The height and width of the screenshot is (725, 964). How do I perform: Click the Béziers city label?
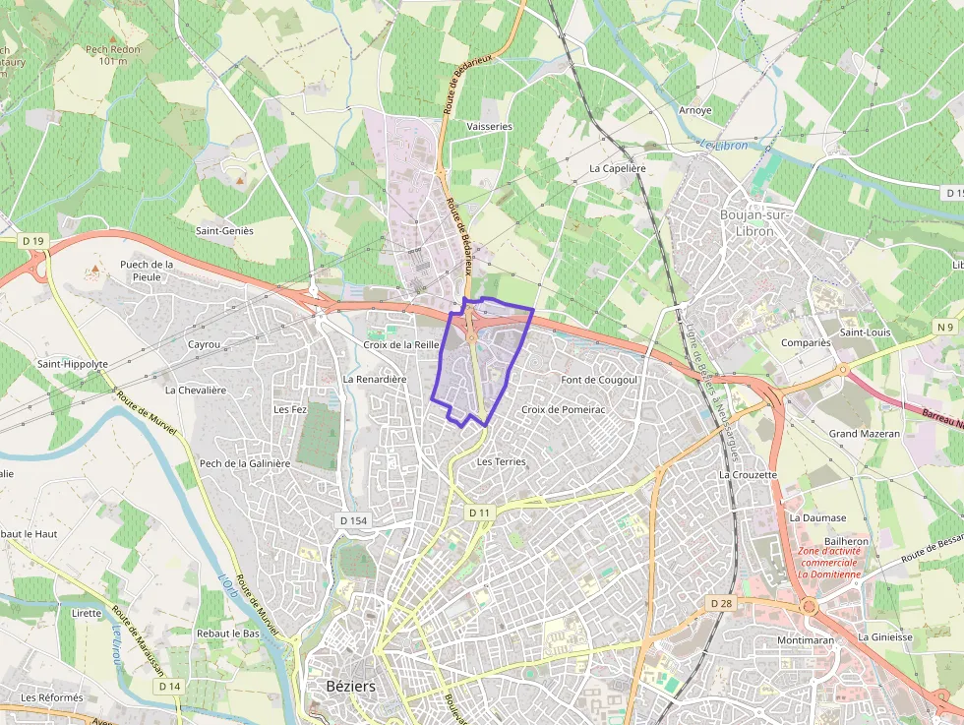point(349,686)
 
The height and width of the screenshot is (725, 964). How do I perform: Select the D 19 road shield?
point(33,241)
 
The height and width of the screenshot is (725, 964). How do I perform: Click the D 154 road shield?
point(352,518)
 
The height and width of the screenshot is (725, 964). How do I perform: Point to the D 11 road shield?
point(479,513)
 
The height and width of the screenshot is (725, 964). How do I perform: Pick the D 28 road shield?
point(721,602)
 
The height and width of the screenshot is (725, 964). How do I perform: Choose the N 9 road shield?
point(945,327)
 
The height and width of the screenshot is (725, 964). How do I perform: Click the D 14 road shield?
point(169,686)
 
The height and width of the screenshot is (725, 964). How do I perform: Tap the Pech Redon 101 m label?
point(113,55)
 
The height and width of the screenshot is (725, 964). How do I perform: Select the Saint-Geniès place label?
point(224,231)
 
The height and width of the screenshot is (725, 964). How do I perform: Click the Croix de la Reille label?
point(400,345)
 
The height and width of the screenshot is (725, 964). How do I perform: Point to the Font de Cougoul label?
point(599,380)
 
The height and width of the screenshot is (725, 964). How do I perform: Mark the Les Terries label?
point(501,461)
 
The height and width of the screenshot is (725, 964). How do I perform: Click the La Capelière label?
point(617,168)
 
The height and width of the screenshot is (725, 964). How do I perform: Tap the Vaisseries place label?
point(489,127)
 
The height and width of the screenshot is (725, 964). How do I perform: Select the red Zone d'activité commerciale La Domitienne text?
point(828,563)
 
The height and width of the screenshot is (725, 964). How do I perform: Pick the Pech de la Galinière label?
point(245,463)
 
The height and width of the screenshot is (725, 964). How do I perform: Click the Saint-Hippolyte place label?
point(73,364)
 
